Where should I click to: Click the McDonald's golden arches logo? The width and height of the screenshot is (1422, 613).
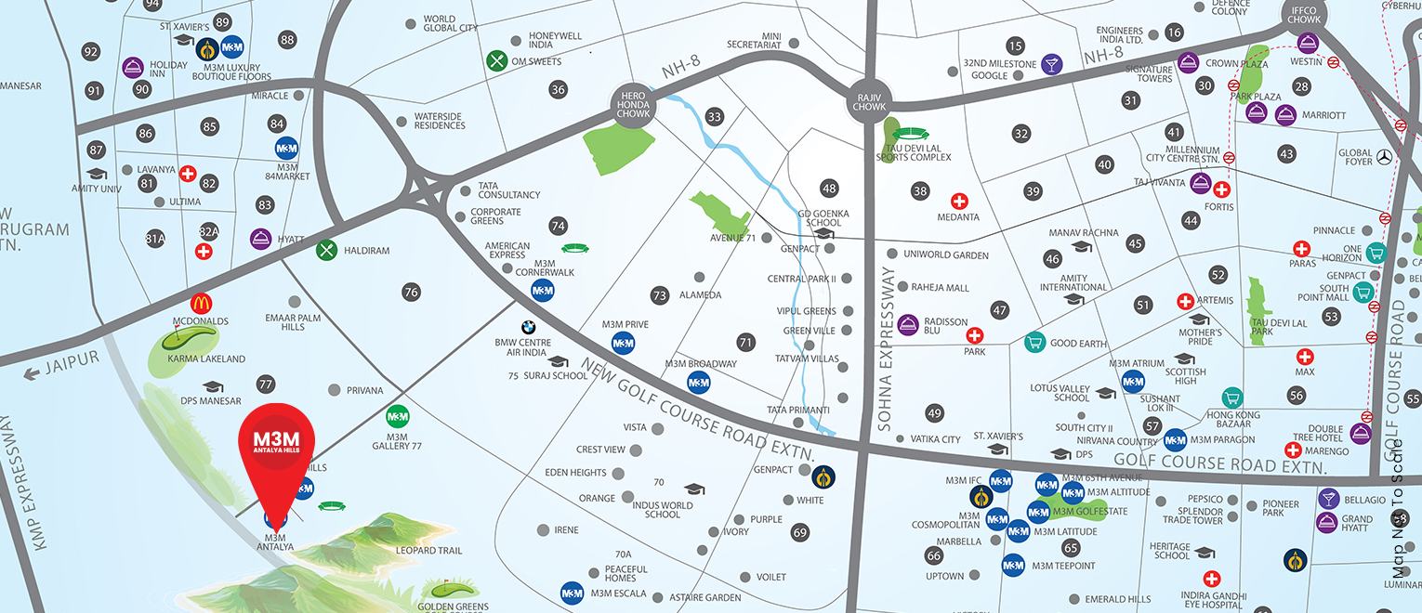click(201, 304)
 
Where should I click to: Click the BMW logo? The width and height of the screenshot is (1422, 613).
click(527, 328)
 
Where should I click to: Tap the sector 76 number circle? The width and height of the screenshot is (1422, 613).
click(411, 292)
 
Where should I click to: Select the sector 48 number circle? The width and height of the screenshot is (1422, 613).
click(829, 189)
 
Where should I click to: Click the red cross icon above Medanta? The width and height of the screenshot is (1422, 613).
click(958, 201)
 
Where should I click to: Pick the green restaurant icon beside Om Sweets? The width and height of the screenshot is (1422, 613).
click(497, 60)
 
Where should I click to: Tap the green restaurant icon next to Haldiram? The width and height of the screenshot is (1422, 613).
click(326, 250)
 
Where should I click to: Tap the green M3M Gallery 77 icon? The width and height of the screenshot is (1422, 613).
click(397, 417)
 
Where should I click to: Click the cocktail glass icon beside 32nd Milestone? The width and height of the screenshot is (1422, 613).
click(1051, 64)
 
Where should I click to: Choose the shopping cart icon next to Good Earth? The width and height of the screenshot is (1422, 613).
click(1034, 342)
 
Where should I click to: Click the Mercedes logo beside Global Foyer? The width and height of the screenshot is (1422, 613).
click(1385, 157)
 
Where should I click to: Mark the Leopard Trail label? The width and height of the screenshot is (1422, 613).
click(428, 551)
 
